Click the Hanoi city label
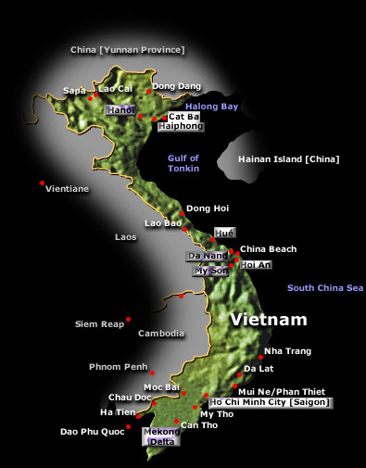tap(120, 110)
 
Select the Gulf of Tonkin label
tap(183, 163)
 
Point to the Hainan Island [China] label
tap(288, 159)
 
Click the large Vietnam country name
tap(269, 320)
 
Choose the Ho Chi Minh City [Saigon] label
tap(270, 402)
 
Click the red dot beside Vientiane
tap(43, 183)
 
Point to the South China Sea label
tap(325, 288)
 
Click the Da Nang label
tap(206, 255)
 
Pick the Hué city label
tap(224, 232)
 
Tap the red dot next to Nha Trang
tap(259, 357)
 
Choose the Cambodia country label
tap(161, 334)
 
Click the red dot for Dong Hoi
tap(182, 214)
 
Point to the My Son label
tap(209, 271)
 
